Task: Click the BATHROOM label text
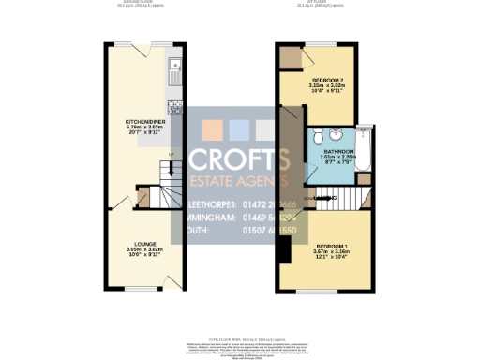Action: tap(338, 151)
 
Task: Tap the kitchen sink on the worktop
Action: tap(173, 67)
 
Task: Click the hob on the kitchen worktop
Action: tap(173, 105)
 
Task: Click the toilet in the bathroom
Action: tap(320, 133)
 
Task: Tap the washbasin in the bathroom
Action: tap(320, 169)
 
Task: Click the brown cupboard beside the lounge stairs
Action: tap(142, 197)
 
